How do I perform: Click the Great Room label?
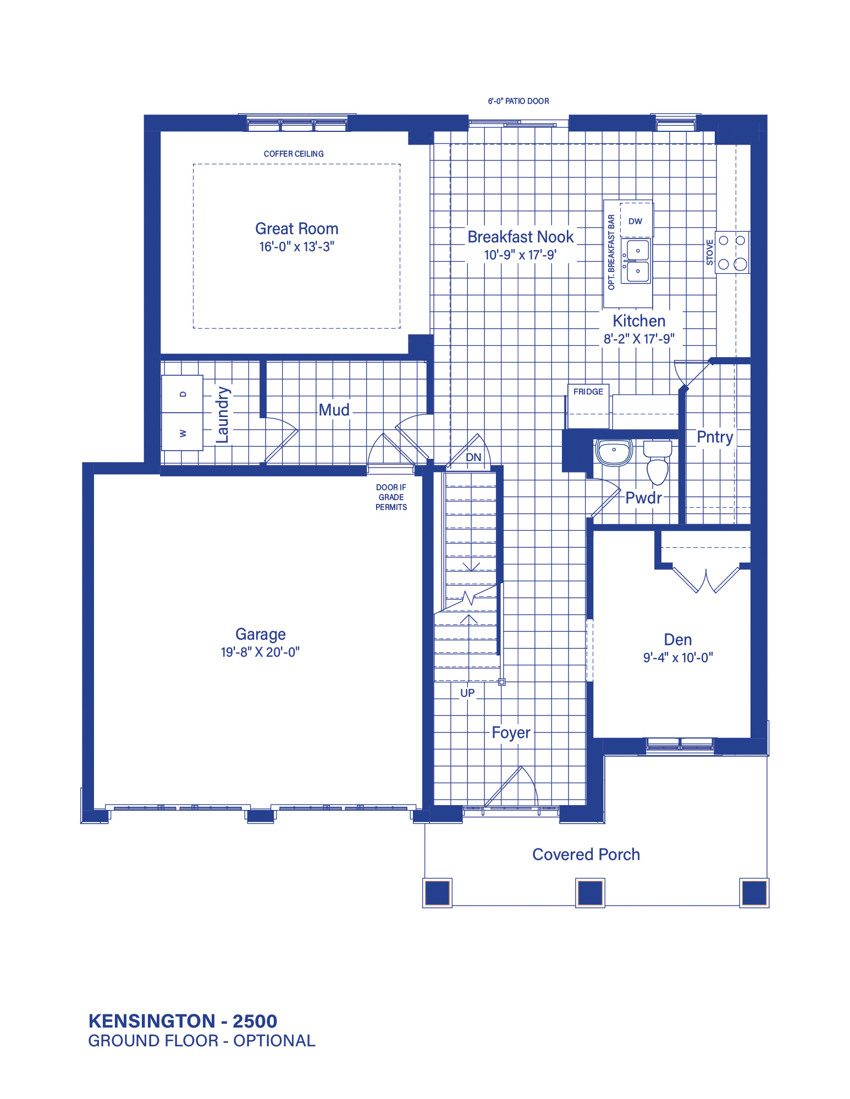point(296,229)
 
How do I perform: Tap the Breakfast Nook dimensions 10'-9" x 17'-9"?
point(520,255)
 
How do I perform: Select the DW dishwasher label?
point(635,221)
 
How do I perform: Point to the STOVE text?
point(710,252)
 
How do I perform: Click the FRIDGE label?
point(588,392)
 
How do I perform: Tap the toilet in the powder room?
point(658,462)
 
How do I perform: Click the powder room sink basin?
point(614,452)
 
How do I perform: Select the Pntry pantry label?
point(715,437)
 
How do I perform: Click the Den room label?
point(678,640)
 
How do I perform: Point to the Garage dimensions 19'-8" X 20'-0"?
point(260,652)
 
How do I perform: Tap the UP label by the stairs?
point(467,693)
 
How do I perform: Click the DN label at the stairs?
point(473,457)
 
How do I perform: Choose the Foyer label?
point(511,733)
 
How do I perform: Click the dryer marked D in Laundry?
point(183,394)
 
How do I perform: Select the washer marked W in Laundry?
point(183,432)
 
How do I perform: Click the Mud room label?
point(334,410)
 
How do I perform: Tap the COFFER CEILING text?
point(294,154)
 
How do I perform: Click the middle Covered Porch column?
point(590,893)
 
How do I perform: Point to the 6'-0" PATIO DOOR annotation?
point(518,101)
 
